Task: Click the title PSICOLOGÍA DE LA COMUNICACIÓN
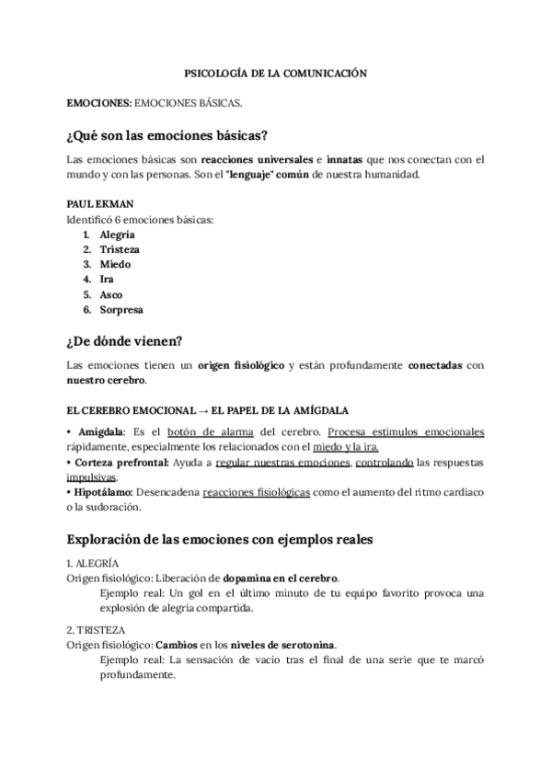click(x=276, y=71)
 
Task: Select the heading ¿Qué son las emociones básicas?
click(x=167, y=136)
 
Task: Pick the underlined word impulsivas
click(x=91, y=476)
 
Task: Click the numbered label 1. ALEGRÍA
click(x=93, y=562)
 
